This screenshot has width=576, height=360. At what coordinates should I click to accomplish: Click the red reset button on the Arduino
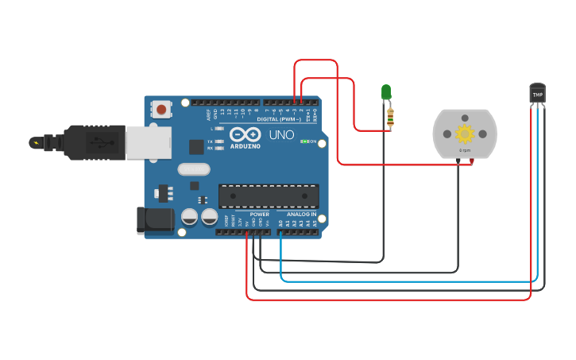pos(162,110)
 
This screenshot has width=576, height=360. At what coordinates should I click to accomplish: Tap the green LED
pos(386,92)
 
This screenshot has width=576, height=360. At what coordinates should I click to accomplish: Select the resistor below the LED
pos(389,118)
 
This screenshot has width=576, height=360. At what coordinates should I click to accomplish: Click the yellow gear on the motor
pos(465,134)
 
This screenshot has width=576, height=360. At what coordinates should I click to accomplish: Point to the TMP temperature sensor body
pos(538,94)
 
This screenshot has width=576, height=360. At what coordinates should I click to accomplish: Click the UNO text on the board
pos(281,135)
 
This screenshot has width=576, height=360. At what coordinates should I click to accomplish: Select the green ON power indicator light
pos(304,141)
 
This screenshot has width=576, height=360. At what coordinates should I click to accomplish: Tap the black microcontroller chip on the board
pos(269,196)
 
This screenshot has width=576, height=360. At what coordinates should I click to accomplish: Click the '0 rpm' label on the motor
pos(465,149)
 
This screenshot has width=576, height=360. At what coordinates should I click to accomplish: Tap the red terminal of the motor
pos(471,161)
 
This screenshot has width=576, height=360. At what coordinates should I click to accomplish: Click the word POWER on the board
pos(260,215)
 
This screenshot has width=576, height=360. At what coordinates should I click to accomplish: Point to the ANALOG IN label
pos(301,215)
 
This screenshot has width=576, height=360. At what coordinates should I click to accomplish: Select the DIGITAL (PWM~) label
pos(284,119)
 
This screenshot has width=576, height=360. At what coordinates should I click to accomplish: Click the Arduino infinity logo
pos(245,134)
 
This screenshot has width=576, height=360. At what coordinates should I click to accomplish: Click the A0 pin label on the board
pos(280,223)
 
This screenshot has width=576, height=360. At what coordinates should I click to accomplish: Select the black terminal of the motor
pos(458,161)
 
